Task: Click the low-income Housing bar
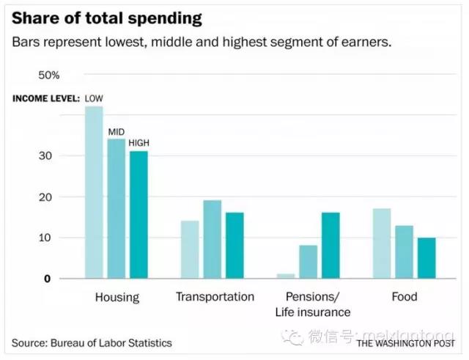(x=94, y=192)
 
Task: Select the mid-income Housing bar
(x=117, y=209)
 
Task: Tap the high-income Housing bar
(x=139, y=215)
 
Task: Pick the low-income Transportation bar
(x=189, y=249)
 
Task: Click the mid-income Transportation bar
(x=212, y=239)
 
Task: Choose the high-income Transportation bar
(x=234, y=246)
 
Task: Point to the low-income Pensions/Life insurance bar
(x=285, y=276)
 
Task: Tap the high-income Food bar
(x=426, y=257)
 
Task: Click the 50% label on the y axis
(x=49, y=76)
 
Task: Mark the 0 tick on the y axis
(x=47, y=279)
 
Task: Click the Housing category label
(x=117, y=297)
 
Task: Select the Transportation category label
(x=215, y=297)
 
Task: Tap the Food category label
(x=404, y=297)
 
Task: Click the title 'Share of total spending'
(x=106, y=18)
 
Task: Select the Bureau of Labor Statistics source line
(x=92, y=342)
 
